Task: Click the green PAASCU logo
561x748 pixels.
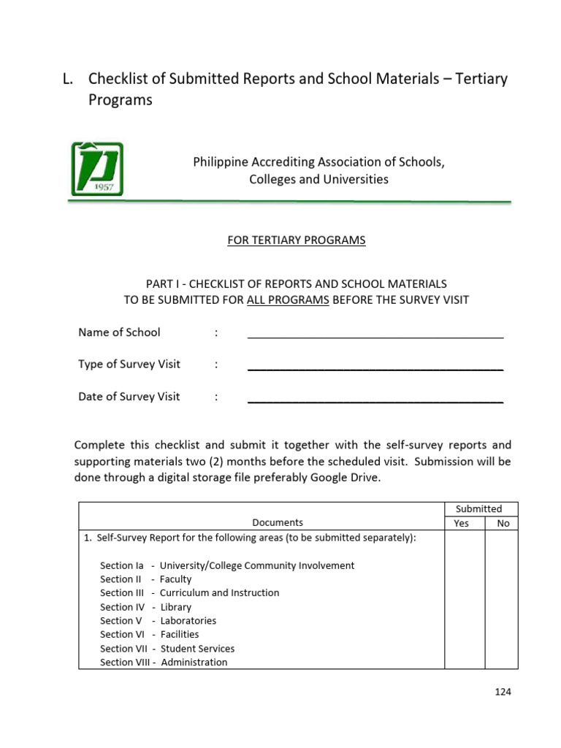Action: coord(97,169)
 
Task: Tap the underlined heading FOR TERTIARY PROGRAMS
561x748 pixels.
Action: coord(296,240)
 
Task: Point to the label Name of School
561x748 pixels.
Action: coord(119,332)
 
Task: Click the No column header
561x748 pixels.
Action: coord(502,523)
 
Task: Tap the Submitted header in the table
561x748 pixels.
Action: coord(478,508)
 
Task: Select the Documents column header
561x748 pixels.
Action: coord(278,522)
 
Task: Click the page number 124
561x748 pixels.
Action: coord(502,692)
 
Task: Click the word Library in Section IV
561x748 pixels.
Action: coord(175,607)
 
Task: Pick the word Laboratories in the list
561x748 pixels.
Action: coord(188,621)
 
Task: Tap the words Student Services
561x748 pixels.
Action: coord(197,649)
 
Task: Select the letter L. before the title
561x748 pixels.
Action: coord(68,79)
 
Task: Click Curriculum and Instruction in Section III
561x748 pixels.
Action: coord(219,593)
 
